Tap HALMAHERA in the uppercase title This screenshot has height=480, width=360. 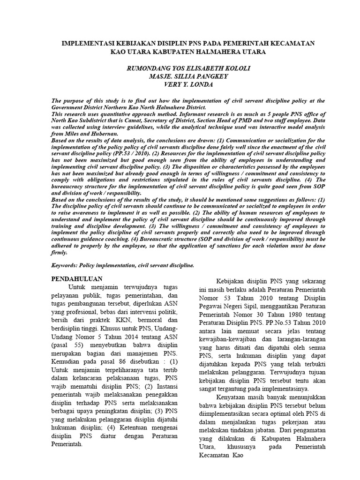pos(211,52)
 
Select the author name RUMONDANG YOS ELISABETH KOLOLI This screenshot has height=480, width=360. pos(186,68)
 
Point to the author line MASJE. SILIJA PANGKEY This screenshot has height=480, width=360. pos(186,77)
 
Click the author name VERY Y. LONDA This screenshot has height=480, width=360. pos(186,85)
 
